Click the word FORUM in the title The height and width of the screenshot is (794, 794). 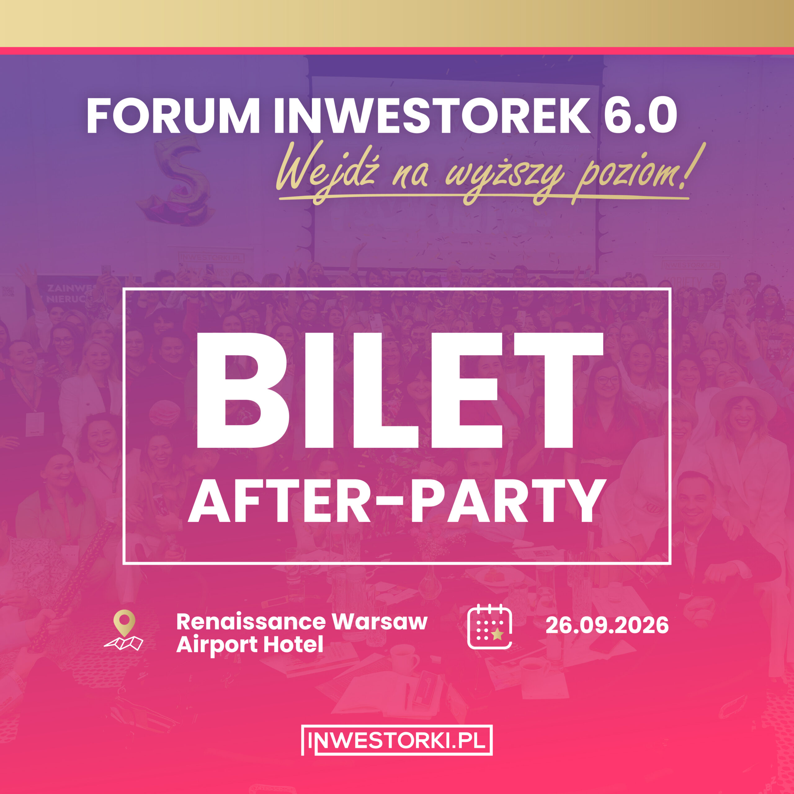173,116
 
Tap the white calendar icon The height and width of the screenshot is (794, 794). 489,627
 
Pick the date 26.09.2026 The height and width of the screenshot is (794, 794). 607,626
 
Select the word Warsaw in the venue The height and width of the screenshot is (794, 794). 380,622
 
